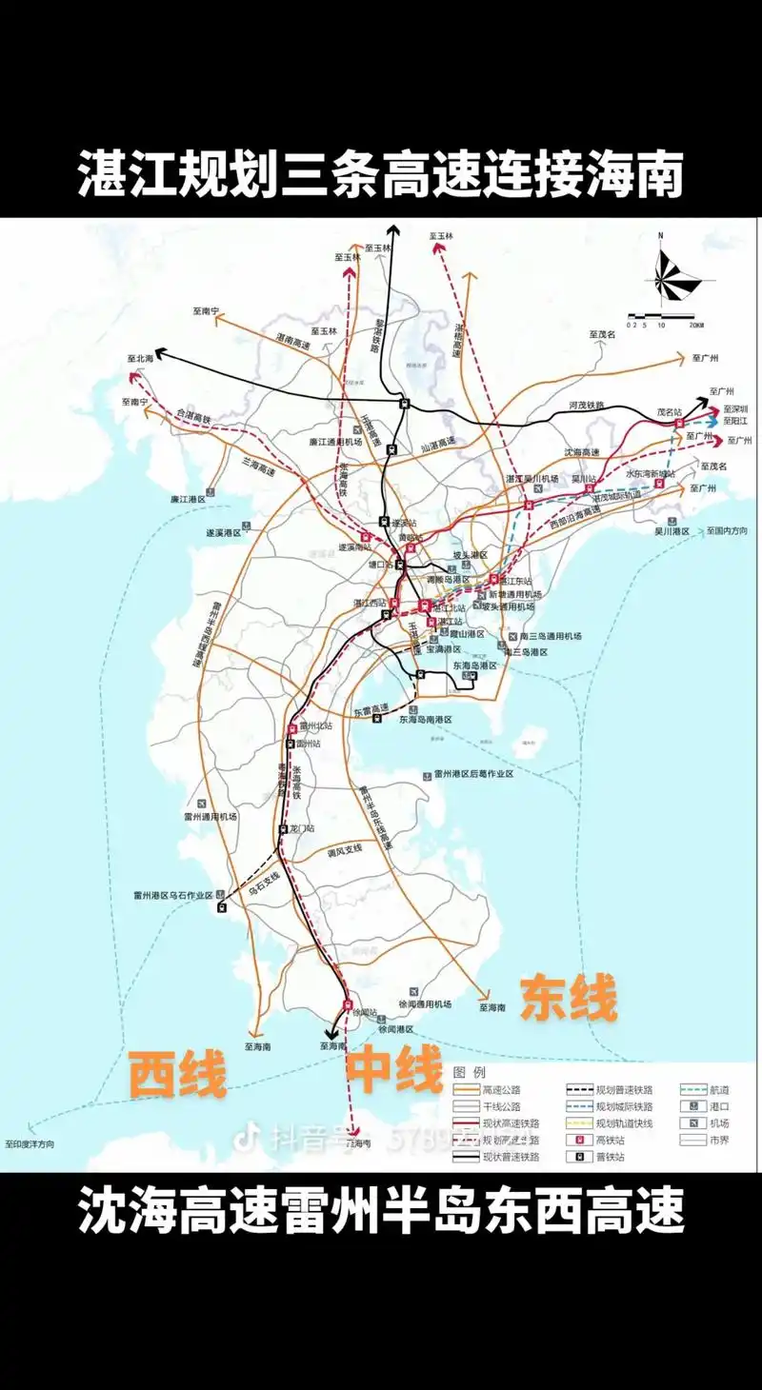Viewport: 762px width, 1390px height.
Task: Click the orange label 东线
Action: tap(568, 999)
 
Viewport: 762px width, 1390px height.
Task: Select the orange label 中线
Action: tap(393, 1068)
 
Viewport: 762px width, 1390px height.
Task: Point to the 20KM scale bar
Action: tap(665, 318)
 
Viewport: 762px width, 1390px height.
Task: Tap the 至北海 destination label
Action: tap(140, 359)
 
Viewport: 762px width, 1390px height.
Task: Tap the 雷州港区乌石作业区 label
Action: tap(171, 895)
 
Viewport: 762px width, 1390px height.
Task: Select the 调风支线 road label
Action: tap(344, 849)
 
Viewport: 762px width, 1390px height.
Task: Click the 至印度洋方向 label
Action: tap(30, 1143)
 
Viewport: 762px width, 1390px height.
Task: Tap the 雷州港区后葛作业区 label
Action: tap(473, 774)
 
